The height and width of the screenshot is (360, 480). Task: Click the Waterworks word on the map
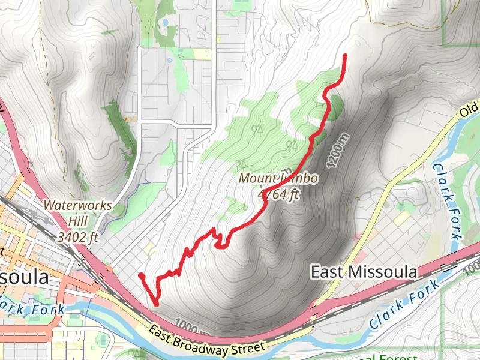click(77, 205)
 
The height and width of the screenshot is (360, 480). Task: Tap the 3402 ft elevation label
click(77, 237)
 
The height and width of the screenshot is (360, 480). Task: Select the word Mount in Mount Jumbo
click(257, 178)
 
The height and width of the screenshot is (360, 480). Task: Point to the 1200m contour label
click(337, 150)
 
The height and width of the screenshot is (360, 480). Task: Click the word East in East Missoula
click(328, 272)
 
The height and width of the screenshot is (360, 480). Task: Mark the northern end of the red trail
click(346, 56)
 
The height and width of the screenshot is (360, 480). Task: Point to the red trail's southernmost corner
click(156, 304)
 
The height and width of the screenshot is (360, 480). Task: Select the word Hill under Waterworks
click(77, 221)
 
